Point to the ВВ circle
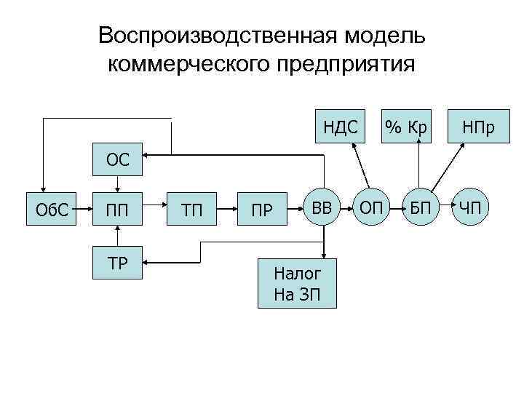[321, 210]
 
